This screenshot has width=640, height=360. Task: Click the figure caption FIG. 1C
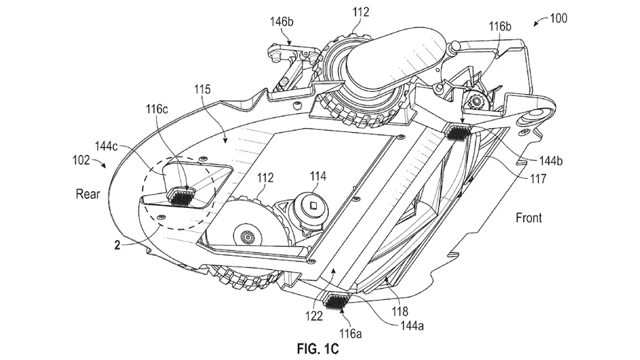[318, 349]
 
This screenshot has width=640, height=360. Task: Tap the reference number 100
[559, 19]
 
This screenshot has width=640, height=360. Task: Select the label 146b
[281, 21]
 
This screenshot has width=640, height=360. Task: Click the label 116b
[500, 27]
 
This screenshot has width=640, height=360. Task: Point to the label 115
[203, 89]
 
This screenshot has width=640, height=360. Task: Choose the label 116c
[157, 109]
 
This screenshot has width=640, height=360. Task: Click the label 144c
[107, 146]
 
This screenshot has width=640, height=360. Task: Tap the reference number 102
[81, 159]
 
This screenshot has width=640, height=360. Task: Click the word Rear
[88, 193]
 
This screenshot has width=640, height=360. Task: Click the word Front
[529, 217]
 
